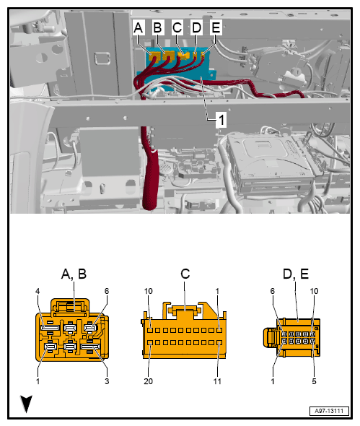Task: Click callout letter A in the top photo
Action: pyautogui.click(x=139, y=28)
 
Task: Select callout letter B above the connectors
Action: pyautogui.click(x=158, y=28)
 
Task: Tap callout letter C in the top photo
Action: pyautogui.click(x=177, y=28)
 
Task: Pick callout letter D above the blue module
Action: pyautogui.click(x=196, y=28)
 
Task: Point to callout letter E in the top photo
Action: pyautogui.click(x=215, y=28)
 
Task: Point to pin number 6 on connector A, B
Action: pyautogui.click(x=106, y=292)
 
